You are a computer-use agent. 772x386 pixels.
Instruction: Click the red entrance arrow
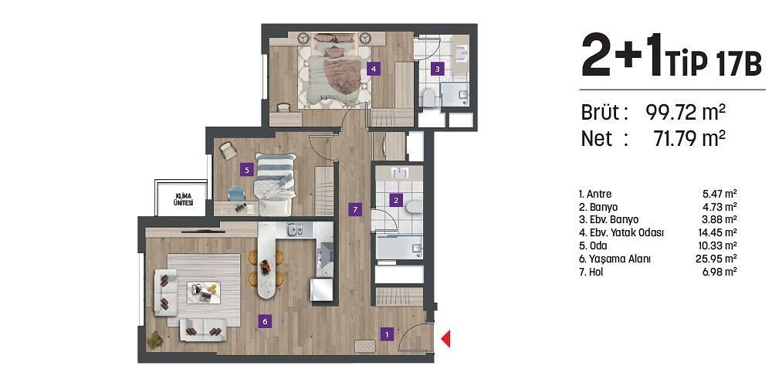[x=445, y=338]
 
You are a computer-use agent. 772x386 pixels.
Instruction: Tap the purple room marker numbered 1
[x=387, y=334]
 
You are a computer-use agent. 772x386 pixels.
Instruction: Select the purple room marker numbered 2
[x=396, y=201]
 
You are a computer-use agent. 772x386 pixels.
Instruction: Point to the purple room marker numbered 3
[x=437, y=68]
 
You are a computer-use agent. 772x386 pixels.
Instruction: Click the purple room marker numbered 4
[x=374, y=68]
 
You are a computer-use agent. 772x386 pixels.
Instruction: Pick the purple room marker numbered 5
[x=245, y=168]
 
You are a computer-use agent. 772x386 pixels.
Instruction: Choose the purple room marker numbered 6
[x=264, y=321]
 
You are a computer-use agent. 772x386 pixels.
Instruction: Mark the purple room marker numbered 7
[x=354, y=208]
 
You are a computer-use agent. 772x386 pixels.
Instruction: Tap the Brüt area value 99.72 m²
[x=685, y=113]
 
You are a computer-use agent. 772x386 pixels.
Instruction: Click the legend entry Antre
[x=594, y=194]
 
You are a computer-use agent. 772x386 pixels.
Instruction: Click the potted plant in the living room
[x=156, y=338]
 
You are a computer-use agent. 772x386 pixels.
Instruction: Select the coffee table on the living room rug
[x=205, y=290]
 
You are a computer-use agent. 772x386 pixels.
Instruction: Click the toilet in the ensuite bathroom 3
[x=428, y=96]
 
